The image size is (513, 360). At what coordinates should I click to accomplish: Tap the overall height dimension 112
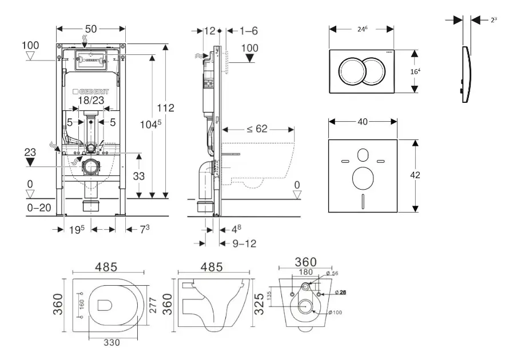tap(166, 107)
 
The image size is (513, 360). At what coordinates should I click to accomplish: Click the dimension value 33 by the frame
tap(138, 177)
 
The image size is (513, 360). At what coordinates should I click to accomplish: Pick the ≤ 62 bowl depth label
tap(257, 129)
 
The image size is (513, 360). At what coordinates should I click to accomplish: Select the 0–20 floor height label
tap(39, 208)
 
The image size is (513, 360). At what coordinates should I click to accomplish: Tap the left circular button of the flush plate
tap(350, 71)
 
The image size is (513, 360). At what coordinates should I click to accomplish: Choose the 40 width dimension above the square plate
tap(361, 121)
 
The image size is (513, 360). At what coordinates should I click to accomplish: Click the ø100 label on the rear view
tap(336, 312)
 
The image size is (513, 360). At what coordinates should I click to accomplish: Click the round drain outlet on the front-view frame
tap(90, 167)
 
